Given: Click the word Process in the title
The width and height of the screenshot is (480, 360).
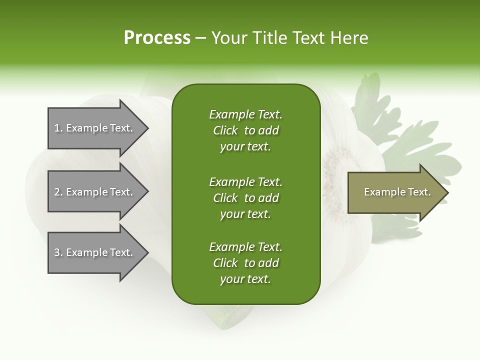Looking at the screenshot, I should pos(157,37).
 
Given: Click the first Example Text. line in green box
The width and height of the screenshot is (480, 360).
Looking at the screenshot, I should pos(245,114).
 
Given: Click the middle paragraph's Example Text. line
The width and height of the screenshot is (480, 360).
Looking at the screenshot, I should pos(245,181).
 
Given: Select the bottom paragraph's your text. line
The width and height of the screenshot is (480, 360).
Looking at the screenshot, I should pos(245,279).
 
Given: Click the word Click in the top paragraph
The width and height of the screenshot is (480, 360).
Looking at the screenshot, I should pos(225,130).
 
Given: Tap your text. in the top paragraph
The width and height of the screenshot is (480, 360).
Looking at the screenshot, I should pos(245,147).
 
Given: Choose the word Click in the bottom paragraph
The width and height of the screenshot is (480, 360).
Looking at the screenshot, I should pos(225,263).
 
